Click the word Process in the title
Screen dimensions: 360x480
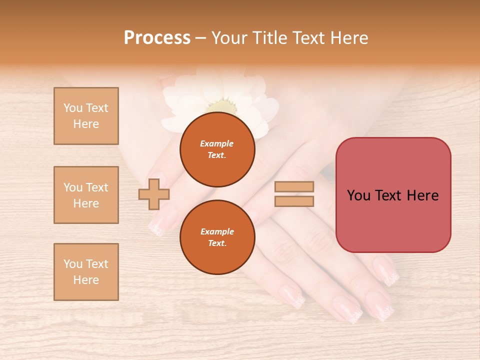click(x=157, y=38)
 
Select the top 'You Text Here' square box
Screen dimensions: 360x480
click(x=86, y=116)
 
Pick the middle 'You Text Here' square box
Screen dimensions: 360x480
click(x=86, y=195)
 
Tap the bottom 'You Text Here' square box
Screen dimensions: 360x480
click(x=86, y=272)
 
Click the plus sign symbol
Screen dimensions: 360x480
click(x=154, y=194)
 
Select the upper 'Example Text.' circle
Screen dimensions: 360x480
click(x=217, y=149)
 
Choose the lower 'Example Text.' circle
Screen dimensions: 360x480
click(x=217, y=237)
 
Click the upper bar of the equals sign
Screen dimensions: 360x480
click(x=294, y=187)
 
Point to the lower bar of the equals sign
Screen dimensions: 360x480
click(x=294, y=201)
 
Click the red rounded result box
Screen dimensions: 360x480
click(x=393, y=195)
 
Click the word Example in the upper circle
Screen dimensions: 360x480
click(x=217, y=143)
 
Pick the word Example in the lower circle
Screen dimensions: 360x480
click(x=217, y=231)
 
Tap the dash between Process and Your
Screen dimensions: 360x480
click(x=201, y=38)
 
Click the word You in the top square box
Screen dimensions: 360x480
click(x=73, y=108)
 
